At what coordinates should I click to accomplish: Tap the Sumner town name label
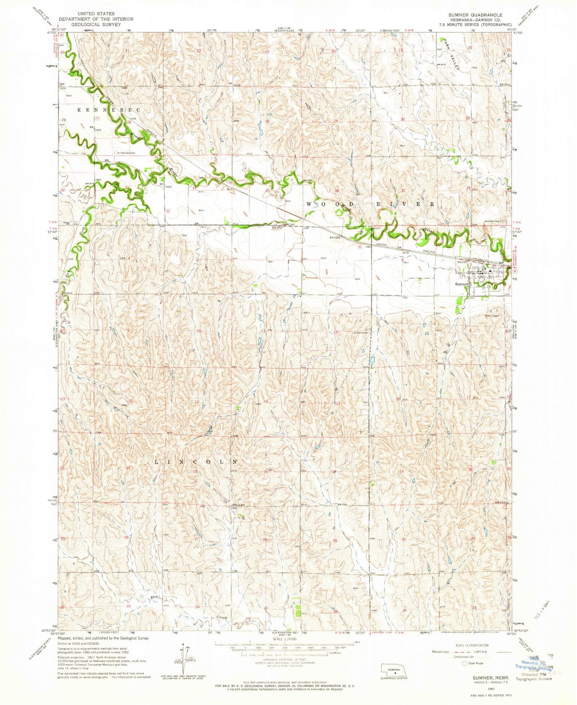tap(462, 284)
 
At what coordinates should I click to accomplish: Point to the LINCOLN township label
tap(196, 461)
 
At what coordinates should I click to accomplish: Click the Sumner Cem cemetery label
tap(492, 221)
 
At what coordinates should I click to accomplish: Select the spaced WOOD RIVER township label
tap(369, 204)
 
